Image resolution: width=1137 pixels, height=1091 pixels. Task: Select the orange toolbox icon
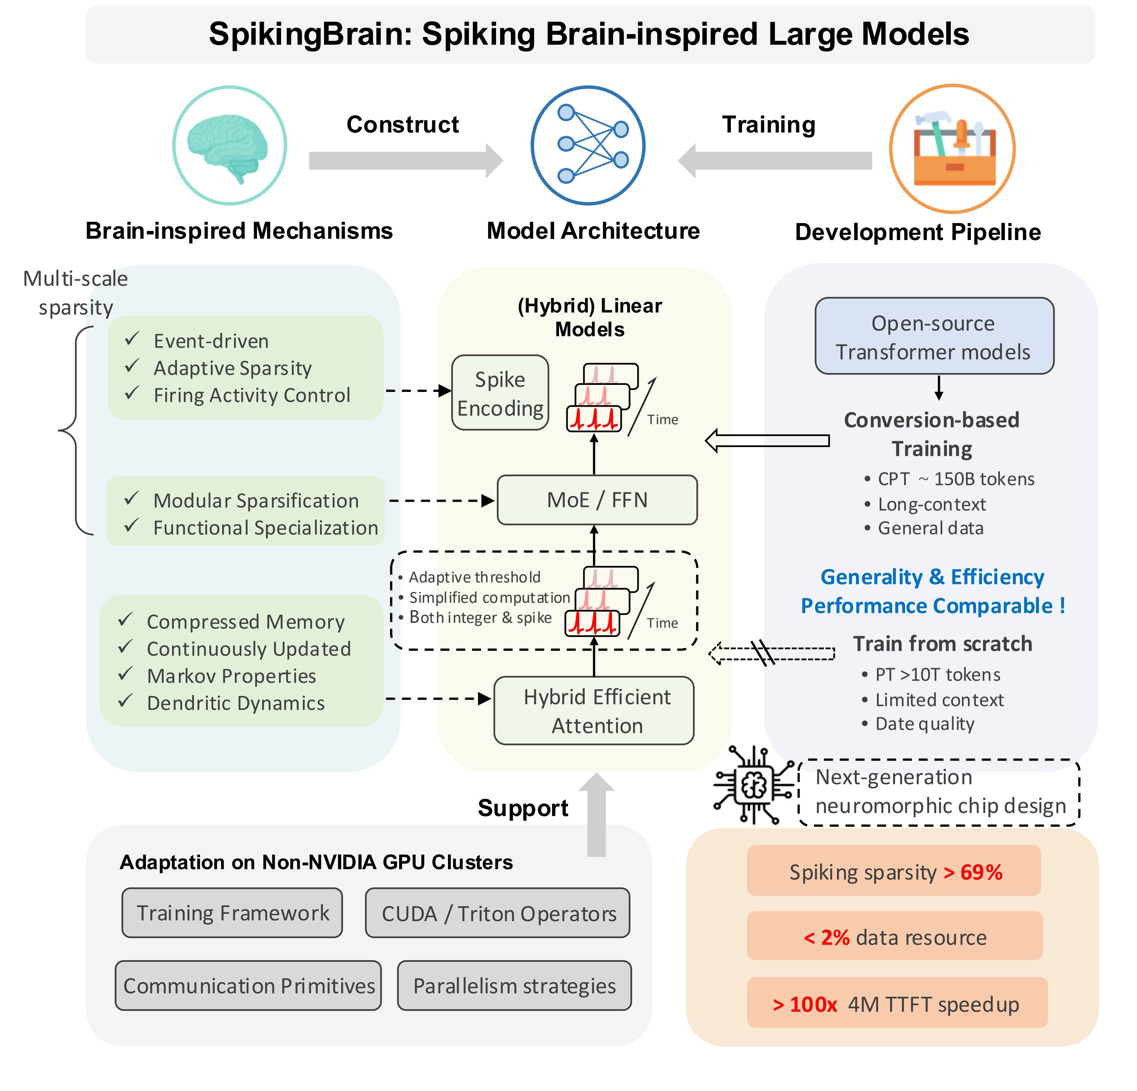point(954,150)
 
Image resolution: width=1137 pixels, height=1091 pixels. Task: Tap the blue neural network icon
point(588,145)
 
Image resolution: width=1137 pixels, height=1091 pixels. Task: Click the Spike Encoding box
point(500,393)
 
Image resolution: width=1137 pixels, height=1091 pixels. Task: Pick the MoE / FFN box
point(597,500)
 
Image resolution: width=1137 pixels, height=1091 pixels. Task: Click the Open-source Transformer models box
point(934,337)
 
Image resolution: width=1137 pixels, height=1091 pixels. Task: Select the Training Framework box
point(232,913)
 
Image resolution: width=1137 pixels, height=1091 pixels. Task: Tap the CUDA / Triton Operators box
point(498,914)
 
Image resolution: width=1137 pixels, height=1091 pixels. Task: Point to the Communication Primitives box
point(248,986)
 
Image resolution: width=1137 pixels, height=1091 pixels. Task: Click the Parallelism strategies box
point(514,986)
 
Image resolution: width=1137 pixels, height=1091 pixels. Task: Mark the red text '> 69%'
point(973,872)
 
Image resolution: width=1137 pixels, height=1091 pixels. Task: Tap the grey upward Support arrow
point(596,815)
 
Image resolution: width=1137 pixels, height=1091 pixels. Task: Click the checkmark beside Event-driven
point(132,339)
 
